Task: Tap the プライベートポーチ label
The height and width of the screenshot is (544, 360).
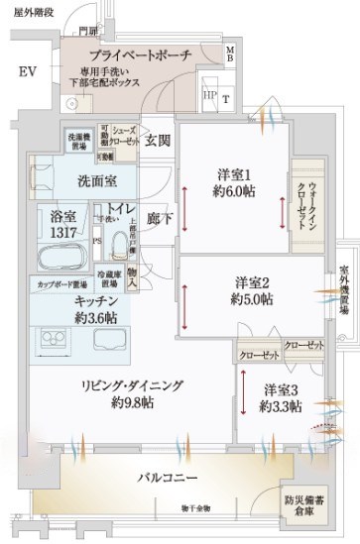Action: [x=139, y=57]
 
